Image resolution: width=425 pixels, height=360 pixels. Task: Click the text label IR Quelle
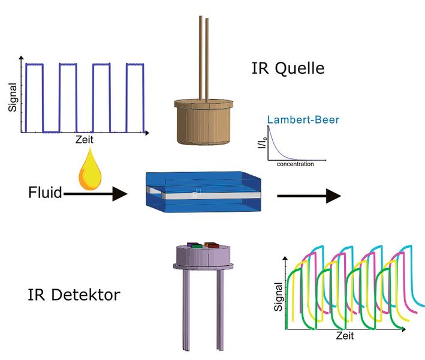tap(288, 68)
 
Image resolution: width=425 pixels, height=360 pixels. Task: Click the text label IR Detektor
tap(74, 295)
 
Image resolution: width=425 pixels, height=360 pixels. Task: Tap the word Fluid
tap(45, 193)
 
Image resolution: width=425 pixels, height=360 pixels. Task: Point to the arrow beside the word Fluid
tap(96, 193)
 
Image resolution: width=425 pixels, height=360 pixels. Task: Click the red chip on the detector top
tap(211, 244)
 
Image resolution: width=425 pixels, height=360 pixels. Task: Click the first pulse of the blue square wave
tap(34, 96)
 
